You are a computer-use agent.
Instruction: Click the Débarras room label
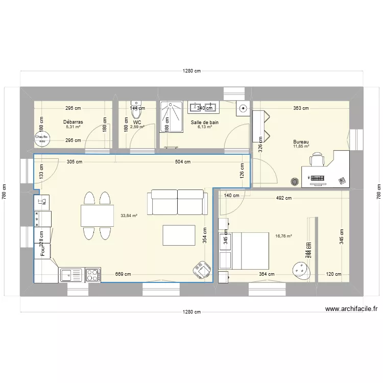coord(73,122)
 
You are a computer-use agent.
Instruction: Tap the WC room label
coord(137,123)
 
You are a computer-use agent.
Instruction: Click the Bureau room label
coord(301,142)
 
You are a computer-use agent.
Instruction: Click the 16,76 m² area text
coord(283,236)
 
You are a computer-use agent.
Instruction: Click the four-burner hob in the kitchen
coord(93,275)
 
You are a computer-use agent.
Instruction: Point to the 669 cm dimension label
coord(123,274)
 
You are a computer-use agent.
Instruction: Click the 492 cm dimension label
coord(283,198)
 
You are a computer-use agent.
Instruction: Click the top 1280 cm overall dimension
coord(192,71)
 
